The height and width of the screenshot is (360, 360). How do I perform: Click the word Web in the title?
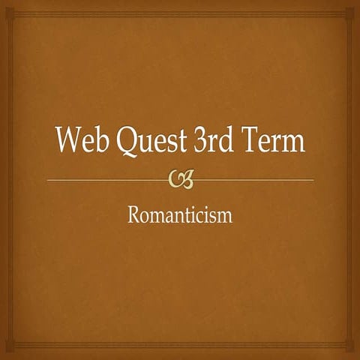79,141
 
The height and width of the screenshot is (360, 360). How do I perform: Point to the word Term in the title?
275,141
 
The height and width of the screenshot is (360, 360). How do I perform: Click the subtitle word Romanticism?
180,216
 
